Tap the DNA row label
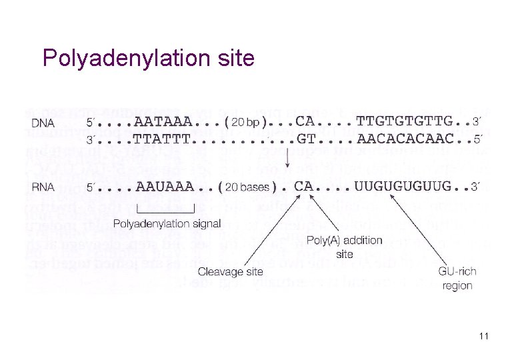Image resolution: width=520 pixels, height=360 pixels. pyautogui.click(x=43, y=123)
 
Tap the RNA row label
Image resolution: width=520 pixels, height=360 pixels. pyautogui.click(x=43, y=187)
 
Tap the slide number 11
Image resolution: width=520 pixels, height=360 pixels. pyautogui.click(x=483, y=337)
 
